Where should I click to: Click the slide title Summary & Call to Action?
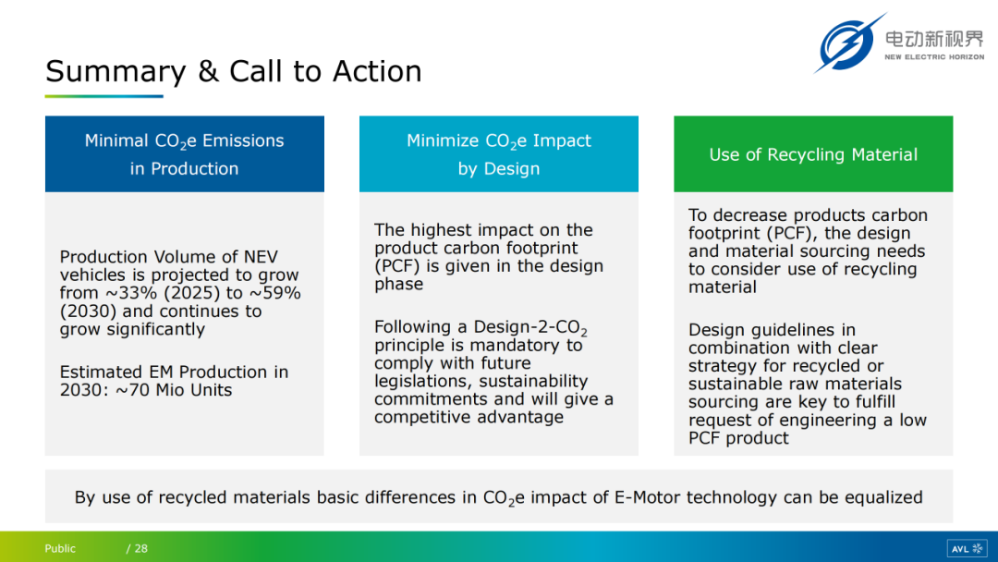(x=234, y=71)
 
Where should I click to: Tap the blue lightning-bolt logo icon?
(x=848, y=43)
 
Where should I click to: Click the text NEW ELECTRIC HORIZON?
(x=934, y=57)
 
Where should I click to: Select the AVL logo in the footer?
(x=967, y=548)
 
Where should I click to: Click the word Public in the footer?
(x=60, y=549)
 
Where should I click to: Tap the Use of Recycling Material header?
(x=813, y=154)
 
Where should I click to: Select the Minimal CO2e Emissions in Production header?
(x=185, y=154)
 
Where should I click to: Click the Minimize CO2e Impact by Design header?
(x=499, y=154)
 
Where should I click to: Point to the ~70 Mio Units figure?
(x=174, y=389)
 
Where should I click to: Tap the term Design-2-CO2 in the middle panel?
(x=530, y=328)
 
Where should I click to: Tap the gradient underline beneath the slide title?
(x=103, y=96)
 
